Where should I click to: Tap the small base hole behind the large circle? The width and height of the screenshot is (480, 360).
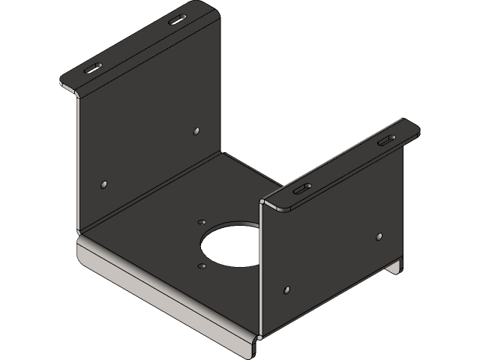pyautogui.click(x=201, y=222)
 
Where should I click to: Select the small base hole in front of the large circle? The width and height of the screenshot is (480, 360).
pyautogui.click(x=201, y=265)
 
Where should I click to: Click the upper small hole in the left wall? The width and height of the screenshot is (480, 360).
pyautogui.click(x=196, y=130)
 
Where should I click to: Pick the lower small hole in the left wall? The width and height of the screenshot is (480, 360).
pyautogui.click(x=103, y=183)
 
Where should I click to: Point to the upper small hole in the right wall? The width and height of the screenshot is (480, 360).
pyautogui.click(x=379, y=237)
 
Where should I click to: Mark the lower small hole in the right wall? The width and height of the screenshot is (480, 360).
pyautogui.click(x=286, y=289)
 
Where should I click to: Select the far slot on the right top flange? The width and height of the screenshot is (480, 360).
pyautogui.click(x=385, y=141)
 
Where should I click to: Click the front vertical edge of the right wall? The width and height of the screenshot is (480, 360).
pyautogui.click(x=260, y=270)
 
